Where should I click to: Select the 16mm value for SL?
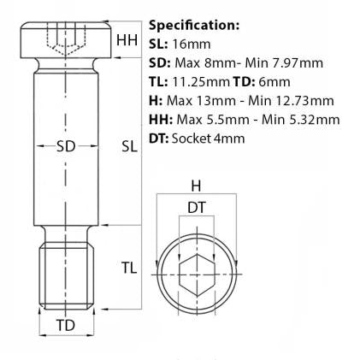[187, 44]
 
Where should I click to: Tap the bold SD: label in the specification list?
[159, 62]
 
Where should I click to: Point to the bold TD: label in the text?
[248, 82]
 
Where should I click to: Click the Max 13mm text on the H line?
[198, 101]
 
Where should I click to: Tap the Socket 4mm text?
[209, 139]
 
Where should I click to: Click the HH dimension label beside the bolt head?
[126, 40]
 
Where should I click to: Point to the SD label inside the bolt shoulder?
[65, 146]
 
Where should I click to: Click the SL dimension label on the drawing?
[129, 146]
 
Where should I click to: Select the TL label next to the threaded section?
[128, 269]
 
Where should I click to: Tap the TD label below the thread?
[65, 326]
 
